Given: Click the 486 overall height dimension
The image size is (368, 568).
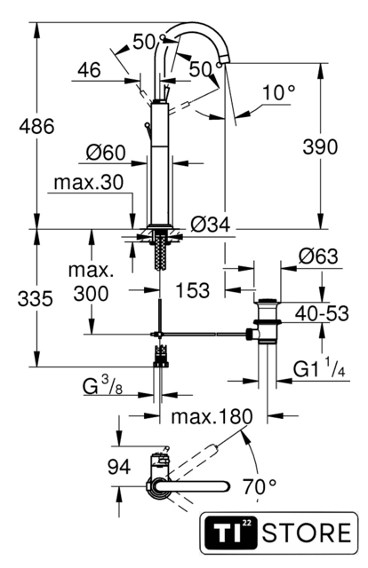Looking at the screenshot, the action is click(x=36, y=127).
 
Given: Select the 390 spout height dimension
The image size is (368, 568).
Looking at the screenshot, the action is click(x=321, y=147).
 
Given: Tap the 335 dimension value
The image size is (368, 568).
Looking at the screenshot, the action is click(x=36, y=299).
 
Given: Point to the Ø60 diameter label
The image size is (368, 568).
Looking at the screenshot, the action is click(x=106, y=153).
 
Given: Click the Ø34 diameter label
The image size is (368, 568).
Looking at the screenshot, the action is click(x=211, y=225).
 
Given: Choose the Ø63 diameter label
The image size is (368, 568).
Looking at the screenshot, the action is click(x=318, y=256).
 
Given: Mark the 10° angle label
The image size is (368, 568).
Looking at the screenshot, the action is click(x=279, y=92).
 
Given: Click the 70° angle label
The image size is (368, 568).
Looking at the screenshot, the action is click(x=260, y=486).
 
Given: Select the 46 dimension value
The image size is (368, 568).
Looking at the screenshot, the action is click(x=89, y=69).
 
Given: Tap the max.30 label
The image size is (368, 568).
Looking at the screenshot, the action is click(x=89, y=183).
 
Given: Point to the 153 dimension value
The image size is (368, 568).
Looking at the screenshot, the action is click(x=192, y=290).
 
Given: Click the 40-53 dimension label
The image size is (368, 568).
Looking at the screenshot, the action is click(x=322, y=313).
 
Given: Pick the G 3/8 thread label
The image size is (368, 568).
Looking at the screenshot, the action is click(x=103, y=385).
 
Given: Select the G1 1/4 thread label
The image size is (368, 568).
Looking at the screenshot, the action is click(x=319, y=367).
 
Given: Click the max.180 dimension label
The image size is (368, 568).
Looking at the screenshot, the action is click(x=212, y=416).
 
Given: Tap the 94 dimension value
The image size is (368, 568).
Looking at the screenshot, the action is click(x=119, y=467).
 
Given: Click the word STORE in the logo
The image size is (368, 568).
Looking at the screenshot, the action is click(x=307, y=532).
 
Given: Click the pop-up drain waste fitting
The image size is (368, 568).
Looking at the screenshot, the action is click(x=267, y=320).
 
